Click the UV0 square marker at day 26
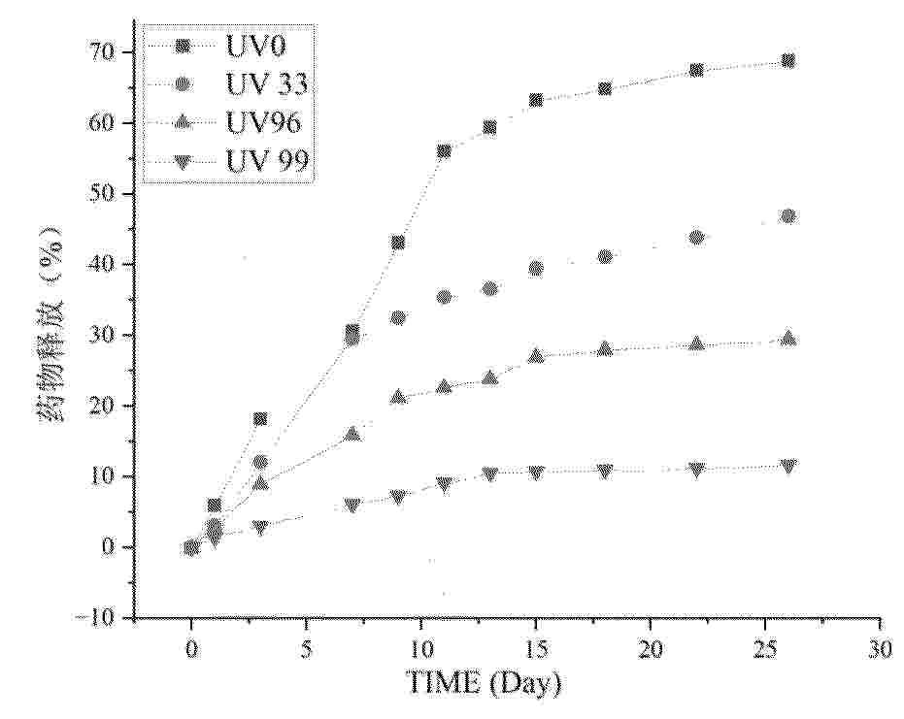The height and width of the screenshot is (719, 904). click(788, 61)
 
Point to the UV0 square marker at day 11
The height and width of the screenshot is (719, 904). click(444, 151)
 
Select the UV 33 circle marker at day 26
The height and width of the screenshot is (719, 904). click(788, 216)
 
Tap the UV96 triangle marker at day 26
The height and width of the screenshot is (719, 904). click(788, 339)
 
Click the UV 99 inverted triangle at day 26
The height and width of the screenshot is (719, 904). click(788, 466)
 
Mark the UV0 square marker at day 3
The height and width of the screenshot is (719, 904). click(260, 419)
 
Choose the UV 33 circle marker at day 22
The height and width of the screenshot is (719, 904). click(696, 237)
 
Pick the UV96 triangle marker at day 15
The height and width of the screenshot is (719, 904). click(536, 356)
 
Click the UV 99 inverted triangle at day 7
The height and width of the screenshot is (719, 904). click(352, 505)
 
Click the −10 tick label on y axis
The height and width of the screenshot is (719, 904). click(97, 617)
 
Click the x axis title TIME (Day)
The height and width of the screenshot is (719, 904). click(484, 684)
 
